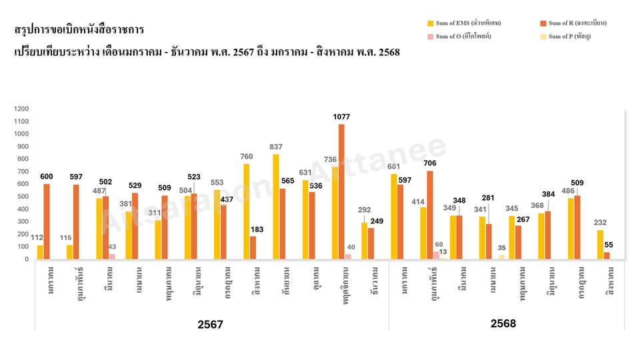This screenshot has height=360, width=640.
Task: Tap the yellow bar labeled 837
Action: (276, 207)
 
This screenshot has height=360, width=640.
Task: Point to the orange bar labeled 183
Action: (253, 247)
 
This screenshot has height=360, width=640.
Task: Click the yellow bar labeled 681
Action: (394, 217)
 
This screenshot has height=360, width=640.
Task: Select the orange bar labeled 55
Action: (607, 255)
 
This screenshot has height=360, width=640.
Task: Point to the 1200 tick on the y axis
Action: (22, 109)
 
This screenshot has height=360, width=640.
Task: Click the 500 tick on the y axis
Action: (22, 197)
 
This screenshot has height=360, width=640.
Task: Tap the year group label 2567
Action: (210, 325)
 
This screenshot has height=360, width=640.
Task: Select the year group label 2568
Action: (503, 323)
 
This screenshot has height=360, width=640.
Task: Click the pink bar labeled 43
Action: (112, 256)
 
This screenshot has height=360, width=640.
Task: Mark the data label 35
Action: (502, 248)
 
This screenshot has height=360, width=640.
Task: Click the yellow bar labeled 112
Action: (40, 252)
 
